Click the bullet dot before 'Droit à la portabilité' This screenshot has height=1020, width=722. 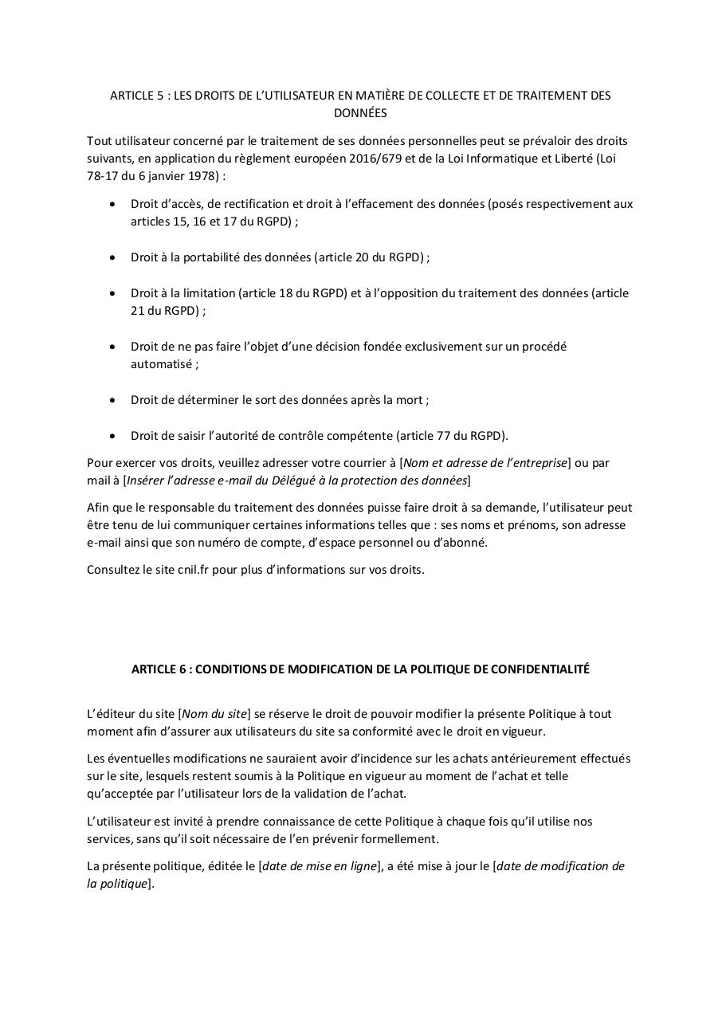[112, 257]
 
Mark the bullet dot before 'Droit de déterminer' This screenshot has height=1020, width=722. [112, 400]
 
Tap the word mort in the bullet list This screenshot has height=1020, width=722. [409, 400]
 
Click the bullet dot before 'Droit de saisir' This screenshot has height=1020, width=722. [112, 436]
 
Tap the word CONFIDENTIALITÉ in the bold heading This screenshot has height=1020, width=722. [539, 669]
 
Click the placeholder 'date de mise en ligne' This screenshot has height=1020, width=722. [319, 866]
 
